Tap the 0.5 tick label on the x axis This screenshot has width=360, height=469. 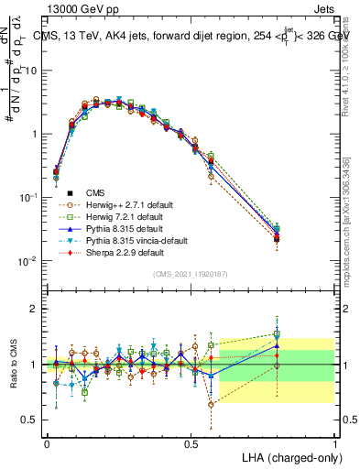(191, 443)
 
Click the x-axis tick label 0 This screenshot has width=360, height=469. (47, 443)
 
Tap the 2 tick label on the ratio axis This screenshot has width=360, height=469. (35, 310)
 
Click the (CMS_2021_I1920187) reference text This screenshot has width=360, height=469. (191, 274)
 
